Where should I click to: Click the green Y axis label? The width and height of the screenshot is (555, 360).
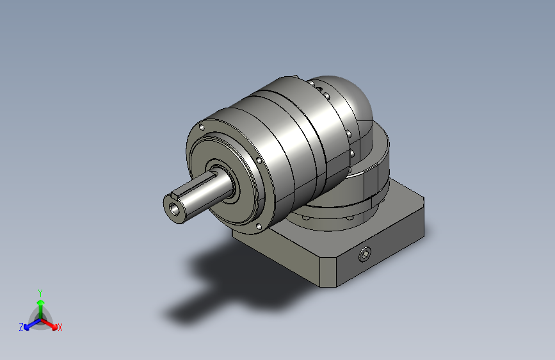[40, 293]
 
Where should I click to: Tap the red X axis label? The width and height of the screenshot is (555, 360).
[60, 327]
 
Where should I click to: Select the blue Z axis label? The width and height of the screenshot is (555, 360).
[21, 327]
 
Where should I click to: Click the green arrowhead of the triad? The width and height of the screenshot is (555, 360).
[41, 302]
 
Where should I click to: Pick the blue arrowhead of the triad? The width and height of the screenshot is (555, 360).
[26, 327]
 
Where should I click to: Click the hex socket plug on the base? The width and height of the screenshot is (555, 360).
[365, 254]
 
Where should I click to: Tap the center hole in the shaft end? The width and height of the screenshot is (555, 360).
[175, 209]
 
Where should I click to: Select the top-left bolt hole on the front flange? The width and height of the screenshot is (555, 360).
[202, 127]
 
